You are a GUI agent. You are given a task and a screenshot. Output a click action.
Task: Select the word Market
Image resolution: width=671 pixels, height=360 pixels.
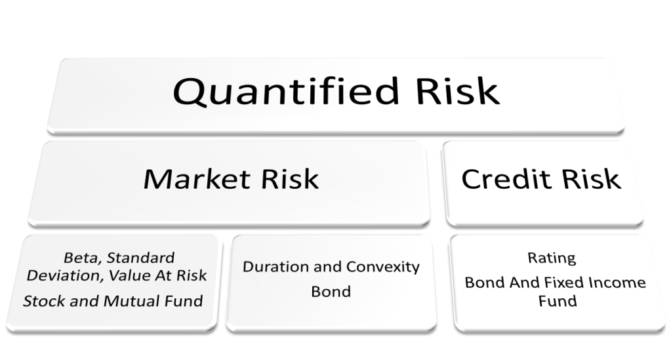pos(191,178)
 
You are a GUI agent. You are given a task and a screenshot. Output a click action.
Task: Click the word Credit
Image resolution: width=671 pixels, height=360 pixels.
pos(504,178)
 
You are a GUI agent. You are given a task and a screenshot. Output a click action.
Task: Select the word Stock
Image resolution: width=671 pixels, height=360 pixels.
pos(41,302)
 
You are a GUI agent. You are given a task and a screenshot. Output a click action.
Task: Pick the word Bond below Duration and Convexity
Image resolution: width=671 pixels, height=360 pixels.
pos(330,291)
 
